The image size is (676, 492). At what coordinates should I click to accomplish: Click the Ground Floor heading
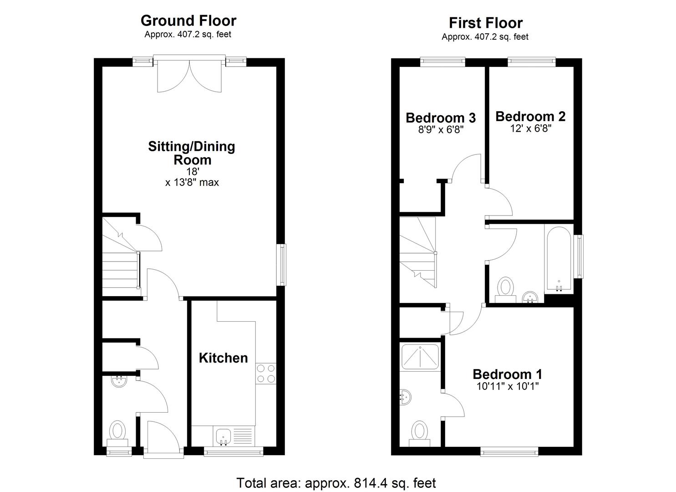tap(188, 21)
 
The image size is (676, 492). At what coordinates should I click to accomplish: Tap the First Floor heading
tap(485, 23)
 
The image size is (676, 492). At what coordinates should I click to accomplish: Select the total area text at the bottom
tap(336, 483)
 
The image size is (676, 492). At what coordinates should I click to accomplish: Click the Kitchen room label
tap(223, 358)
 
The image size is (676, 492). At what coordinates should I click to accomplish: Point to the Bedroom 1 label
tap(507, 374)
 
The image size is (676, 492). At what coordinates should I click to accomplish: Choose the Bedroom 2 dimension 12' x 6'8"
tap(530, 129)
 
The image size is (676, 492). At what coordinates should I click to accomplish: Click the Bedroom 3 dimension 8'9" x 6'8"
tap(440, 130)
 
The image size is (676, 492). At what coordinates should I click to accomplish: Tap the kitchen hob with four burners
tap(265, 374)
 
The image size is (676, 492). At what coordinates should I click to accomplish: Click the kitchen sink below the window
tap(223, 436)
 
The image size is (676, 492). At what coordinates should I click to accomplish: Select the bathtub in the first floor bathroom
tap(559, 257)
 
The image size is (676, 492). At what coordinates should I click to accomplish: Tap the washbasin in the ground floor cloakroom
tap(119, 381)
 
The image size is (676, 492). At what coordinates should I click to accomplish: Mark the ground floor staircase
tap(120, 257)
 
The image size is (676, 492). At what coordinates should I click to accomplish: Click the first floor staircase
tap(418, 251)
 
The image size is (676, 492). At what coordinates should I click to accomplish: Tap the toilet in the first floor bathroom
tap(505, 288)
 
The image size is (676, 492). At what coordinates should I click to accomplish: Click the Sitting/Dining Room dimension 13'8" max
tap(192, 183)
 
